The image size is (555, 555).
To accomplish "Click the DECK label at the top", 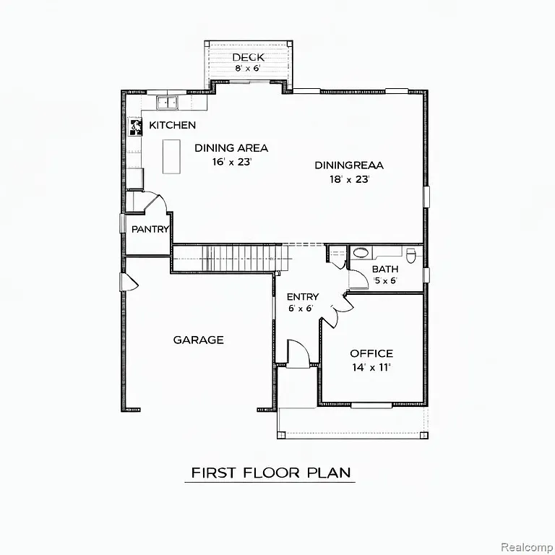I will click(248, 57).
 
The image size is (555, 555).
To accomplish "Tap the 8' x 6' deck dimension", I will click(248, 69).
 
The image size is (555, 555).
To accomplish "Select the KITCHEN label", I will click(172, 125).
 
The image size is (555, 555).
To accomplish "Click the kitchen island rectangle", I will click(171, 156).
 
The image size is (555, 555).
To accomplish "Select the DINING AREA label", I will click(231, 148).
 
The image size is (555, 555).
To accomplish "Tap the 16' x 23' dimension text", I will click(231, 162).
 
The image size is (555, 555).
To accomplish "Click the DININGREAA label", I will click(349, 165).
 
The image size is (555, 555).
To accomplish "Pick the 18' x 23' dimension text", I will click(349, 179).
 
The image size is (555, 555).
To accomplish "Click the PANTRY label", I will click(150, 229).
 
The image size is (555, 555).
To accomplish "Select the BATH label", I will click(384, 270).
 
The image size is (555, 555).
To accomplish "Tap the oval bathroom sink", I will click(361, 253).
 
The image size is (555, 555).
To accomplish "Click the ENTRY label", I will click(302, 297).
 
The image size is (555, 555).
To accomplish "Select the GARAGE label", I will click(198, 340).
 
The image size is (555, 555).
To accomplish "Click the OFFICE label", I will click(371, 353).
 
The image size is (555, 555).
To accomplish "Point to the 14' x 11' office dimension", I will click(371, 367).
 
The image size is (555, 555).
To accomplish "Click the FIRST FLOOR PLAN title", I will click(271, 473).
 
